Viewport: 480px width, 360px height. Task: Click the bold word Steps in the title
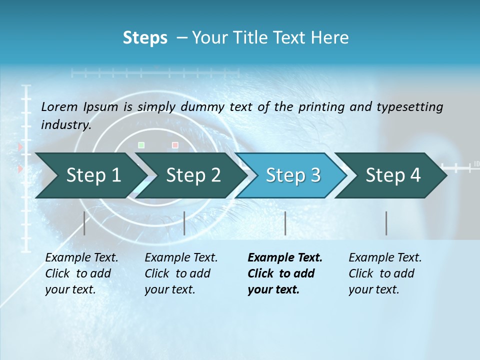[x=145, y=38]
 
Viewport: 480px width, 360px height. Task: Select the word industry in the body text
[x=65, y=125]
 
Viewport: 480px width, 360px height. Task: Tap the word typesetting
[x=409, y=107]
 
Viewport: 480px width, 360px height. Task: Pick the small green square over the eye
[x=141, y=145]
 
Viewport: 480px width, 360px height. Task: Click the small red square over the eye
[x=175, y=145]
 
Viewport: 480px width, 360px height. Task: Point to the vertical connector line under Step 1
[x=84, y=223]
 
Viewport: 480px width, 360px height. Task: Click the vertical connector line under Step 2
[x=184, y=223]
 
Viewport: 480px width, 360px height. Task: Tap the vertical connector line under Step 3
[x=285, y=223]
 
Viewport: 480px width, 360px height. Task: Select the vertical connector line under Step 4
[x=386, y=223]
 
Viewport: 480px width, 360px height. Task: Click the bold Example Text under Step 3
[x=285, y=258]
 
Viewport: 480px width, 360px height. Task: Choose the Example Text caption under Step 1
[x=81, y=258]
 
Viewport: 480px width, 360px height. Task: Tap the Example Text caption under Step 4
[x=385, y=258]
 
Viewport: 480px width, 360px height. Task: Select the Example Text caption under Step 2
[x=181, y=258]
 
